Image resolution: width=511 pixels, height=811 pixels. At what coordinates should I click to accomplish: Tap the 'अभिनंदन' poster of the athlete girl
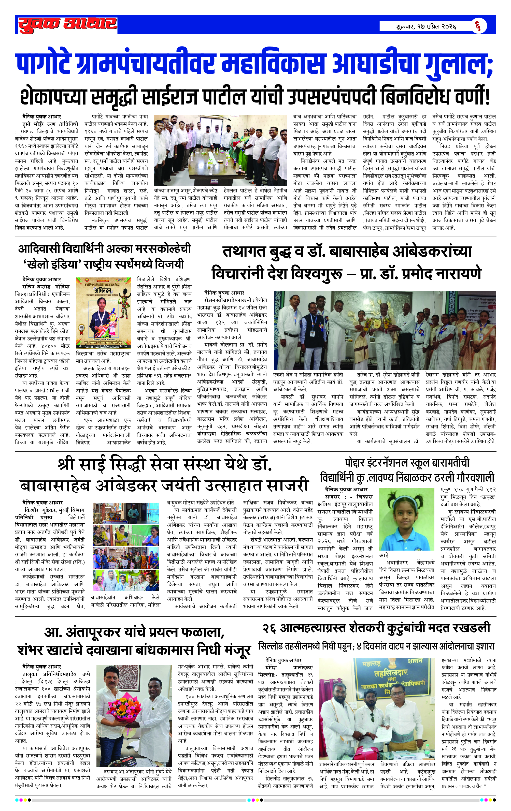click(x=103, y=313)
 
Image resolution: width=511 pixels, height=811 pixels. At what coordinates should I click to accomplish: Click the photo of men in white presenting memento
click(x=385, y=330)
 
